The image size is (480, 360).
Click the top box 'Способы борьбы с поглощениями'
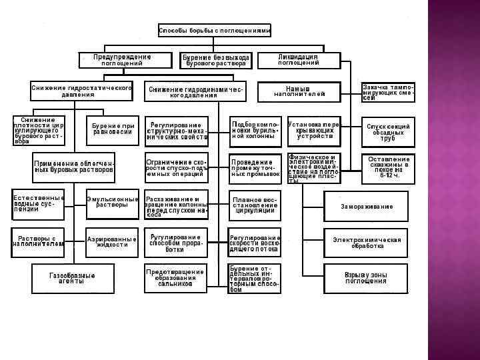point(215,30)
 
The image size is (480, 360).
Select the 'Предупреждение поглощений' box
point(122,60)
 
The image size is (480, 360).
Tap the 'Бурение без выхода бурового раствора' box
point(216,61)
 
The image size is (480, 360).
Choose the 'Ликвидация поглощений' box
point(298,60)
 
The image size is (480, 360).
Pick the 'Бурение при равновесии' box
point(113,129)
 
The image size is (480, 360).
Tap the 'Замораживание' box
point(367,207)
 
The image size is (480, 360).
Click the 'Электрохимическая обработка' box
point(367,243)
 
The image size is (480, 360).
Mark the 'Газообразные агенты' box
point(72,279)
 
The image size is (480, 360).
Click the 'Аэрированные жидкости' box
point(112,241)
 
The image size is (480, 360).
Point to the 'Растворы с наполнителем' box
point(37,241)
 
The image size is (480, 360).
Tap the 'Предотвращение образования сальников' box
point(176,278)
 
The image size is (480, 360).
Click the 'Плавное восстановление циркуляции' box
point(255,205)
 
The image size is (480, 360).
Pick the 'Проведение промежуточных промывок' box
point(255,168)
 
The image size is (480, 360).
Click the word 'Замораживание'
point(367,207)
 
